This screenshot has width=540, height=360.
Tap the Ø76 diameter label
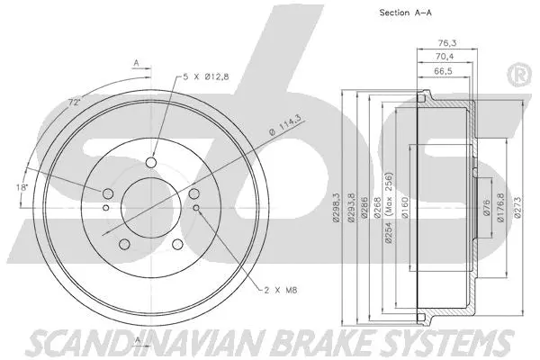click(x=486, y=206)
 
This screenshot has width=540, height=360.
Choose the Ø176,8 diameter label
click(x=499, y=206)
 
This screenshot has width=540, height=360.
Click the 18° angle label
click(x=22, y=187)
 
